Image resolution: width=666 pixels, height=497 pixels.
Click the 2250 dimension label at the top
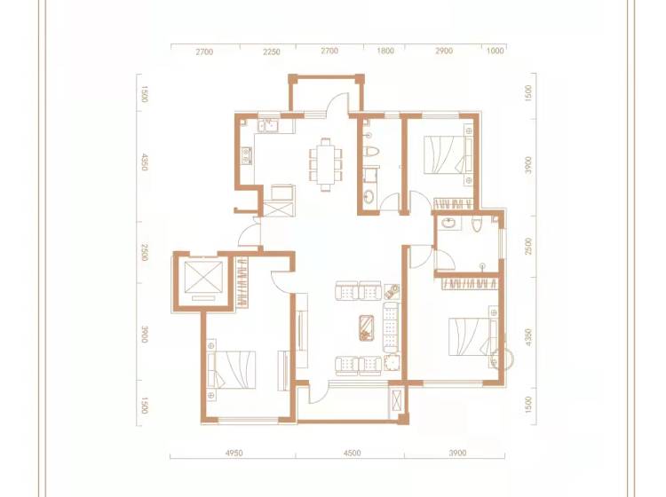pyautogui.click(x=272, y=51)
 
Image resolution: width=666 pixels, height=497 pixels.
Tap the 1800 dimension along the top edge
pyautogui.click(x=385, y=51)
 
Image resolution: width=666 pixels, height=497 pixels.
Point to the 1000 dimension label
pyautogui.click(x=495, y=51)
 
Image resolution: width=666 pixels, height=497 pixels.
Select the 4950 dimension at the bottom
pyautogui.click(x=234, y=453)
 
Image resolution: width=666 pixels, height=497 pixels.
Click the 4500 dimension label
pyautogui.click(x=353, y=453)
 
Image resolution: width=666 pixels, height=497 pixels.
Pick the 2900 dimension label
pyautogui.click(x=444, y=51)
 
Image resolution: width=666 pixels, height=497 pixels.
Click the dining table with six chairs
pyautogui.click(x=326, y=165)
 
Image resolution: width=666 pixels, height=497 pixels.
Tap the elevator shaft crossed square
pyautogui.click(x=203, y=277)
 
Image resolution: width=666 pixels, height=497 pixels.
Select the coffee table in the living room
pyautogui.click(x=366, y=327)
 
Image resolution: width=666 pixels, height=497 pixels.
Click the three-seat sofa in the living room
pyautogui.click(x=392, y=327)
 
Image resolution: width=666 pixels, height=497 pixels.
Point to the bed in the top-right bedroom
pyautogui.click(x=448, y=154)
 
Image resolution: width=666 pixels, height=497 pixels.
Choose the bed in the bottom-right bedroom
pyautogui.click(x=472, y=336)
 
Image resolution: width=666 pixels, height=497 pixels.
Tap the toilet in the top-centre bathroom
pyautogui.click(x=372, y=152)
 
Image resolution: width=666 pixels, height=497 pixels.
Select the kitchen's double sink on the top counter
pyautogui.click(x=269, y=126)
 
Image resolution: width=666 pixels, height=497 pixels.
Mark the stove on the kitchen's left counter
pyautogui.click(x=246, y=155)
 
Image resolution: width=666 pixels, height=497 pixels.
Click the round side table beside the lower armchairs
pyautogui.click(x=392, y=364)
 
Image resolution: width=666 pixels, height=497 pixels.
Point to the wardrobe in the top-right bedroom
pyautogui.click(x=453, y=203)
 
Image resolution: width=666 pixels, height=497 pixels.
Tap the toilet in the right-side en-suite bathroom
pyautogui.click(x=477, y=225)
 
